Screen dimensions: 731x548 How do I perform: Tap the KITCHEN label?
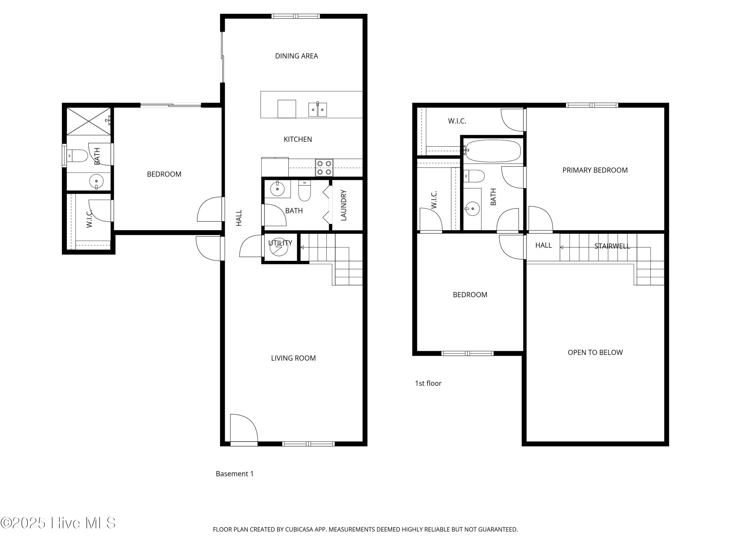298,139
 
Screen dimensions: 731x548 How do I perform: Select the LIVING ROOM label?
293,358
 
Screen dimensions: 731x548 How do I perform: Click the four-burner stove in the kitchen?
324,168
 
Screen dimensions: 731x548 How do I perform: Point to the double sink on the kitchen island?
317,109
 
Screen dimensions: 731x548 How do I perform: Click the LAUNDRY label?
344,205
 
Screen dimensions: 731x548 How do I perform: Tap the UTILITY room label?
280,243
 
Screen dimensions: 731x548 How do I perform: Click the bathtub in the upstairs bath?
493,151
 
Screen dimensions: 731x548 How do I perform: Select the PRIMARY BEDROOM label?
595,170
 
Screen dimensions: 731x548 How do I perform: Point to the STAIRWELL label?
612,246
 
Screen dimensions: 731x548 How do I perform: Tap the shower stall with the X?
89,121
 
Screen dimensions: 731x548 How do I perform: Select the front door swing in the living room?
244,428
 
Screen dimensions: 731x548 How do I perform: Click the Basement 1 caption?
235,474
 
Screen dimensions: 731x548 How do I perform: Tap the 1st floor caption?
428,383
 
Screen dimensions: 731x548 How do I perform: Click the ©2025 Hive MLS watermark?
58,523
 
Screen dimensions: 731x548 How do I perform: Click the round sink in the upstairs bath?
472,209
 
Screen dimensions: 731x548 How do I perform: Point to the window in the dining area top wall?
296,16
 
